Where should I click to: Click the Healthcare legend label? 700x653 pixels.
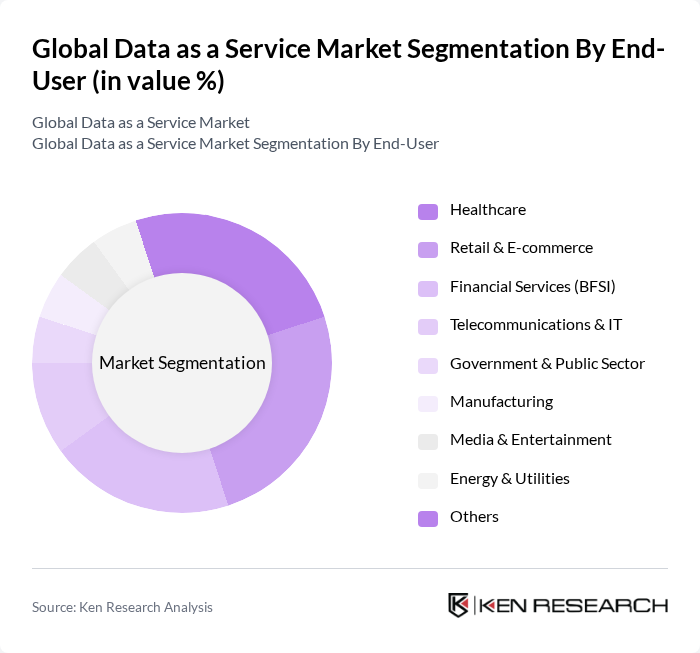487,210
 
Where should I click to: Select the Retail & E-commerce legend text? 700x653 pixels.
521,248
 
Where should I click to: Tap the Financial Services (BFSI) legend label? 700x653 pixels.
532,287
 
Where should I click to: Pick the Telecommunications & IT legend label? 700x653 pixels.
536,325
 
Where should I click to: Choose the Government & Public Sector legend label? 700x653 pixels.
547,364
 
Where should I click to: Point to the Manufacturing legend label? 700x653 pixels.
501,402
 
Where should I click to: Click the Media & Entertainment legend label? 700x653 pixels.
530,440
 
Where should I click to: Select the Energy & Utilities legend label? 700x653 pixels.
509,479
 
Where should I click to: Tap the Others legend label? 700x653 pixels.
474,517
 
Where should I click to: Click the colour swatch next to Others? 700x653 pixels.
428,518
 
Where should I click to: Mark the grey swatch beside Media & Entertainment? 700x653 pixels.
428,441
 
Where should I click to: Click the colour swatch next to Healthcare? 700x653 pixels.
428,211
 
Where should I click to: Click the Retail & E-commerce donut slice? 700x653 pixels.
280,420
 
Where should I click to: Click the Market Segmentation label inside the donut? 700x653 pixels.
182,363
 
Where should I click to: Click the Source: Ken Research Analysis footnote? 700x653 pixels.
122,607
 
